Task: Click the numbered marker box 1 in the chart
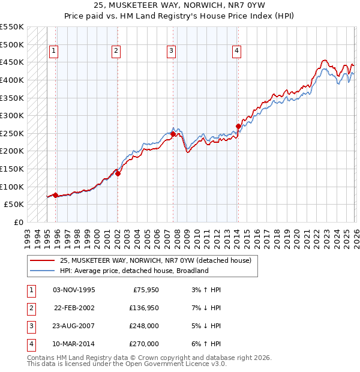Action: (x=54, y=52)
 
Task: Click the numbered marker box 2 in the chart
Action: (x=115, y=52)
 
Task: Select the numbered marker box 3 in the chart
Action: (x=171, y=52)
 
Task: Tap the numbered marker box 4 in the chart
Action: (x=237, y=52)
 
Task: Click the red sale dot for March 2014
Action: (x=238, y=127)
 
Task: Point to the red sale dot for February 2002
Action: (x=118, y=174)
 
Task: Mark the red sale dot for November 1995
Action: (x=56, y=195)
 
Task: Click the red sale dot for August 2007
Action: (x=173, y=134)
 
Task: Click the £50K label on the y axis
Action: (x=14, y=205)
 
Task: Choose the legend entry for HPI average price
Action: (x=134, y=271)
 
